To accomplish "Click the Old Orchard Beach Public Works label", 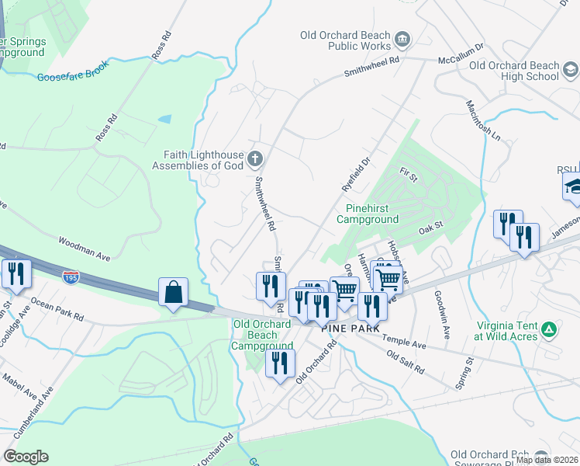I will pyautogui.click(x=347, y=40).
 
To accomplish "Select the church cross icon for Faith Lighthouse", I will pyautogui.click(x=255, y=160).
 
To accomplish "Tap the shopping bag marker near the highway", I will pyautogui.click(x=173, y=293).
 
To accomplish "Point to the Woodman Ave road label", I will pyautogui.click(x=85, y=243).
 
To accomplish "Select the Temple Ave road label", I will pyautogui.click(x=408, y=344).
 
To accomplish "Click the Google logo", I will pyautogui.click(x=26, y=457).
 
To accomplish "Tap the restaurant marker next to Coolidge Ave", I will pyautogui.click(x=16, y=273).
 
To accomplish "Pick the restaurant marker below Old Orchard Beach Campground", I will pyautogui.click(x=280, y=363).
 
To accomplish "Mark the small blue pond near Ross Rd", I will pyautogui.click(x=164, y=120).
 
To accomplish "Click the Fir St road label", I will pyautogui.click(x=409, y=178).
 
